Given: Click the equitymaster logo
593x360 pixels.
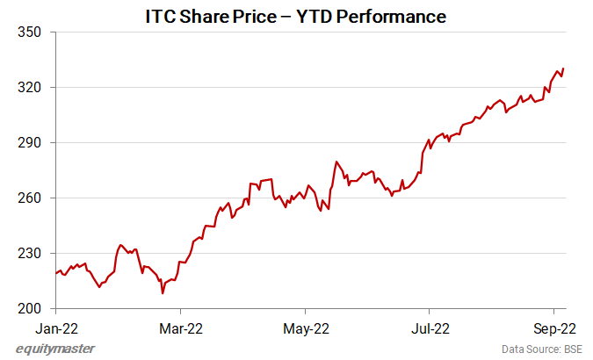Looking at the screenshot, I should (56, 349).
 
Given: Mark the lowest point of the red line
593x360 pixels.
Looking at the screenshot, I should (163, 292).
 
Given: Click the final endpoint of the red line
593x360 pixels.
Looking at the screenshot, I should (563, 68).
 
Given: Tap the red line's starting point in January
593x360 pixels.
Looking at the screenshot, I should (55, 273).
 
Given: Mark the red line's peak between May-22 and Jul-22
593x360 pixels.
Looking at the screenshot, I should (336, 162).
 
